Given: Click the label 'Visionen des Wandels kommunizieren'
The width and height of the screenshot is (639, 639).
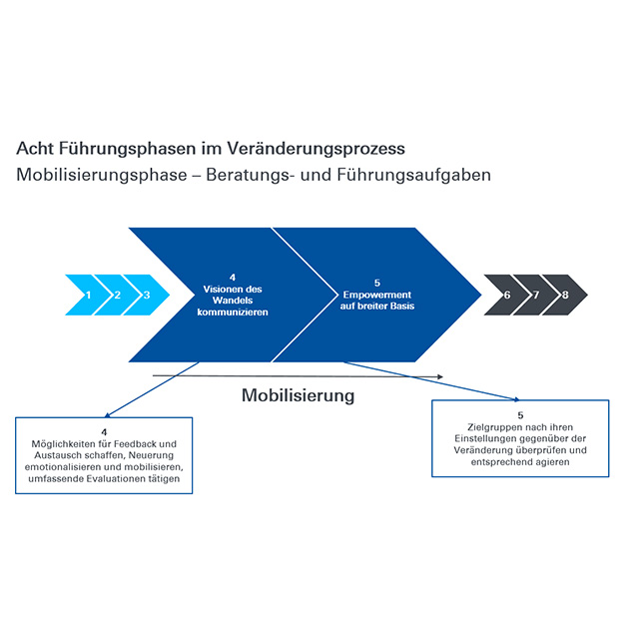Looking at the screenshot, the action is [233, 301].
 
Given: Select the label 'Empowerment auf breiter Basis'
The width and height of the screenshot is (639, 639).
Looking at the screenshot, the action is [377, 301].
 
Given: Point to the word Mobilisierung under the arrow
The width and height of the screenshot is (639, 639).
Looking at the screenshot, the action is [298, 395].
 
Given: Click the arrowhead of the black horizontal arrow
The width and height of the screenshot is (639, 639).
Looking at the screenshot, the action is [440, 377].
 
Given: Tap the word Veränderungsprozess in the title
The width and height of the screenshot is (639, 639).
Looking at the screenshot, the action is [316, 149].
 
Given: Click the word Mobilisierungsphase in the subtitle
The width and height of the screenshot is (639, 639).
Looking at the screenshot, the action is [102, 176].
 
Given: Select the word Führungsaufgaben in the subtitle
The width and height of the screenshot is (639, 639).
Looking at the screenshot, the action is [413, 176].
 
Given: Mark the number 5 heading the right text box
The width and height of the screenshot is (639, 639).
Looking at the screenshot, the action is [520, 415].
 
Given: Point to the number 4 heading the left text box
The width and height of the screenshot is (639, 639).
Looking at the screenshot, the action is [104, 432].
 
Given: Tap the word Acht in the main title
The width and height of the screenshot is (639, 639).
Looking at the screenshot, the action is [35, 149].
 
